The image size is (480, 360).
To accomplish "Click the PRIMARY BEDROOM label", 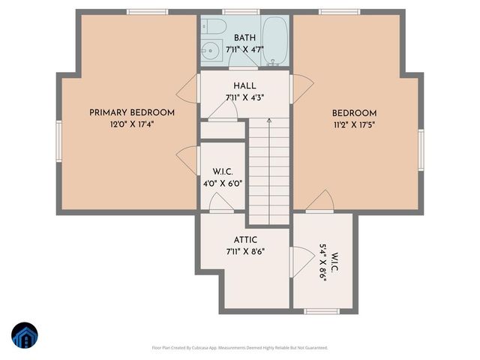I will pyautogui.click(x=132, y=112).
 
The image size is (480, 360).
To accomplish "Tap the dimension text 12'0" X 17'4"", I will pyautogui.click(x=132, y=125).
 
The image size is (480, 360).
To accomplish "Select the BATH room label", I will pyautogui.click(x=244, y=37).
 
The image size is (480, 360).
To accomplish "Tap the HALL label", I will pyautogui.click(x=244, y=85).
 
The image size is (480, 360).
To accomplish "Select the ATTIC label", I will pyautogui.click(x=244, y=240).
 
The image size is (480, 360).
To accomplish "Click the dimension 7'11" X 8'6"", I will pyautogui.click(x=244, y=253).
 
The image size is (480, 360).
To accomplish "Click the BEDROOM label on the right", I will pyautogui.click(x=355, y=112).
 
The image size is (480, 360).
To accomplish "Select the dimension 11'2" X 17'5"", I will pyautogui.click(x=355, y=125).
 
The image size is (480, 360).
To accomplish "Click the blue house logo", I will pyautogui.click(x=25, y=335).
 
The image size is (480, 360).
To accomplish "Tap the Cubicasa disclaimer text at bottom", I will pyautogui.click(x=239, y=347).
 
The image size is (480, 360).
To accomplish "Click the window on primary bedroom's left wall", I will pyautogui.click(x=59, y=140).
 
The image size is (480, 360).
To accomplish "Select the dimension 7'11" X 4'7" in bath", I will pyautogui.click(x=244, y=49).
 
